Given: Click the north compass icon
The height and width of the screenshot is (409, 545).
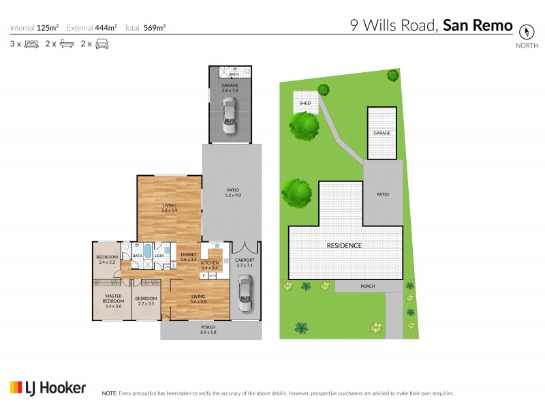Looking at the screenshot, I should (526, 31).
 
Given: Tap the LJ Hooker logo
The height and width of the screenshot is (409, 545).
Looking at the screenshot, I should (48, 388).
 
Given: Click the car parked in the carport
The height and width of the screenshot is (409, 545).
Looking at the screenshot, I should (245, 292).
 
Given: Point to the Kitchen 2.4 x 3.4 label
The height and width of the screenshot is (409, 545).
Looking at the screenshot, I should (209, 265).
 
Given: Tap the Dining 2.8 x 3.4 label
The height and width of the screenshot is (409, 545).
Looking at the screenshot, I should (189, 257).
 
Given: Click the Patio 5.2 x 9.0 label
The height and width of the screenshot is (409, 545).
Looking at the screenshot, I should (233, 192).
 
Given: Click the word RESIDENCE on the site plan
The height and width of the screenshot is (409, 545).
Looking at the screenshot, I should (343, 245).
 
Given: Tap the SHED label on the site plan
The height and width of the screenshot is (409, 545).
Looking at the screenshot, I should (305, 103).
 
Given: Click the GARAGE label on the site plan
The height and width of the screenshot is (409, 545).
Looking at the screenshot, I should (381, 133).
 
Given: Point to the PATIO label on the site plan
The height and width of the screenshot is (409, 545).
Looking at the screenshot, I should (383, 194).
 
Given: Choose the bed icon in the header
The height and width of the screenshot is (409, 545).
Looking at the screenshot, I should (31, 44).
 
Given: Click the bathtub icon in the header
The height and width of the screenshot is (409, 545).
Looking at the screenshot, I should (67, 44).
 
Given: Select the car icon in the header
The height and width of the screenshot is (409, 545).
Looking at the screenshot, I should (102, 44).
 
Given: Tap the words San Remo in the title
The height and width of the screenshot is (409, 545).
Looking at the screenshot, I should (478, 25).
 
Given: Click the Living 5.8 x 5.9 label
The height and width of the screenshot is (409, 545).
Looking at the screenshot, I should (170, 207).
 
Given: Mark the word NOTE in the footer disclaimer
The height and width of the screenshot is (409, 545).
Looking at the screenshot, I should (109, 393).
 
